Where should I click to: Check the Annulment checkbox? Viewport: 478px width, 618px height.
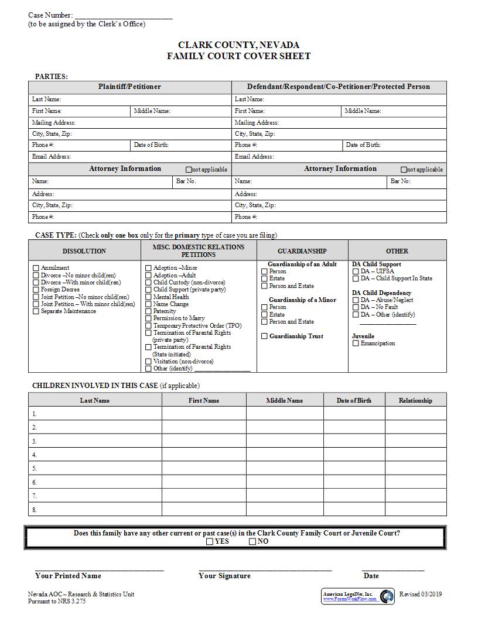[x=36, y=268]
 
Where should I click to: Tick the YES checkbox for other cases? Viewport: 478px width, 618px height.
[x=210, y=541]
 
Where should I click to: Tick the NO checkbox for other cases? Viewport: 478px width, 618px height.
[x=252, y=541]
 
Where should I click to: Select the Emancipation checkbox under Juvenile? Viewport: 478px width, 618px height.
[x=356, y=344]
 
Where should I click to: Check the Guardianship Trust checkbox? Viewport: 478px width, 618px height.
[x=264, y=337]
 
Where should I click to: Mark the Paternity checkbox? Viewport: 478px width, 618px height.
[x=148, y=311]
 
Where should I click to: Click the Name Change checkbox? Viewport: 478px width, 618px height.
[x=148, y=304]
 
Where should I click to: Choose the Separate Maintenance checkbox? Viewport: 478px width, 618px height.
[x=36, y=311]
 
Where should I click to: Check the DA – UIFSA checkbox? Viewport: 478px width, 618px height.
[x=356, y=272]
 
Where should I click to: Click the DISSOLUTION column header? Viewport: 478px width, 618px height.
[x=84, y=251]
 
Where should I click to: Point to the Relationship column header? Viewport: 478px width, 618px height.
[x=415, y=400]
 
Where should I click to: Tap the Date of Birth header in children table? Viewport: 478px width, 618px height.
[x=354, y=400]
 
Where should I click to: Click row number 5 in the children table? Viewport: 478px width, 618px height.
[x=35, y=468]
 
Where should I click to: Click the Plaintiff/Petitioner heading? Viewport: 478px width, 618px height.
[x=129, y=87]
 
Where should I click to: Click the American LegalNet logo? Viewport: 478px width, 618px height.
[x=387, y=596]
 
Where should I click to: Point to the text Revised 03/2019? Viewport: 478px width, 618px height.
[x=421, y=595]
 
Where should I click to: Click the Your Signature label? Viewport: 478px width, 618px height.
[x=224, y=576]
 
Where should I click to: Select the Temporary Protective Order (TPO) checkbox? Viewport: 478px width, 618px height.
[x=148, y=326]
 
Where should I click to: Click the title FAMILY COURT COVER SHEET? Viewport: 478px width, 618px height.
[x=238, y=56]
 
